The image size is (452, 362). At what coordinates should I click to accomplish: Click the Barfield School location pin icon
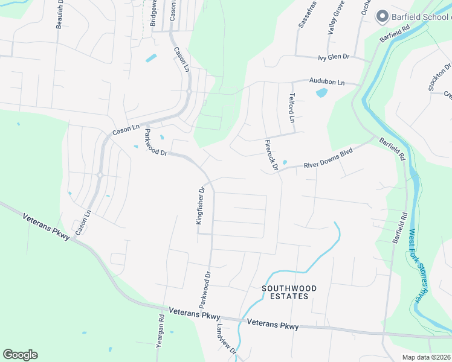click(382, 16)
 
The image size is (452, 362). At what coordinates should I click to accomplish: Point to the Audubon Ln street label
click(326, 81)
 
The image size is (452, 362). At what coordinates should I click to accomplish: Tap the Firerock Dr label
click(271, 154)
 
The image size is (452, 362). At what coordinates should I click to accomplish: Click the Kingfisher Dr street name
click(201, 205)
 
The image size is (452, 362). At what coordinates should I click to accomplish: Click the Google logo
click(20, 355)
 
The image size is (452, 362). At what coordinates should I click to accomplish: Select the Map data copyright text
click(425, 357)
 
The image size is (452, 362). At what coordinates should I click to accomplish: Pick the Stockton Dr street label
click(439, 77)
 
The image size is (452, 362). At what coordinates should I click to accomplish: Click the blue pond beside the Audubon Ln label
click(321, 93)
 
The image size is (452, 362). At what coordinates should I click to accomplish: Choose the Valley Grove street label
click(336, 16)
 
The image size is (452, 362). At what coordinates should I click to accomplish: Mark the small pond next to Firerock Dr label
click(285, 162)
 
